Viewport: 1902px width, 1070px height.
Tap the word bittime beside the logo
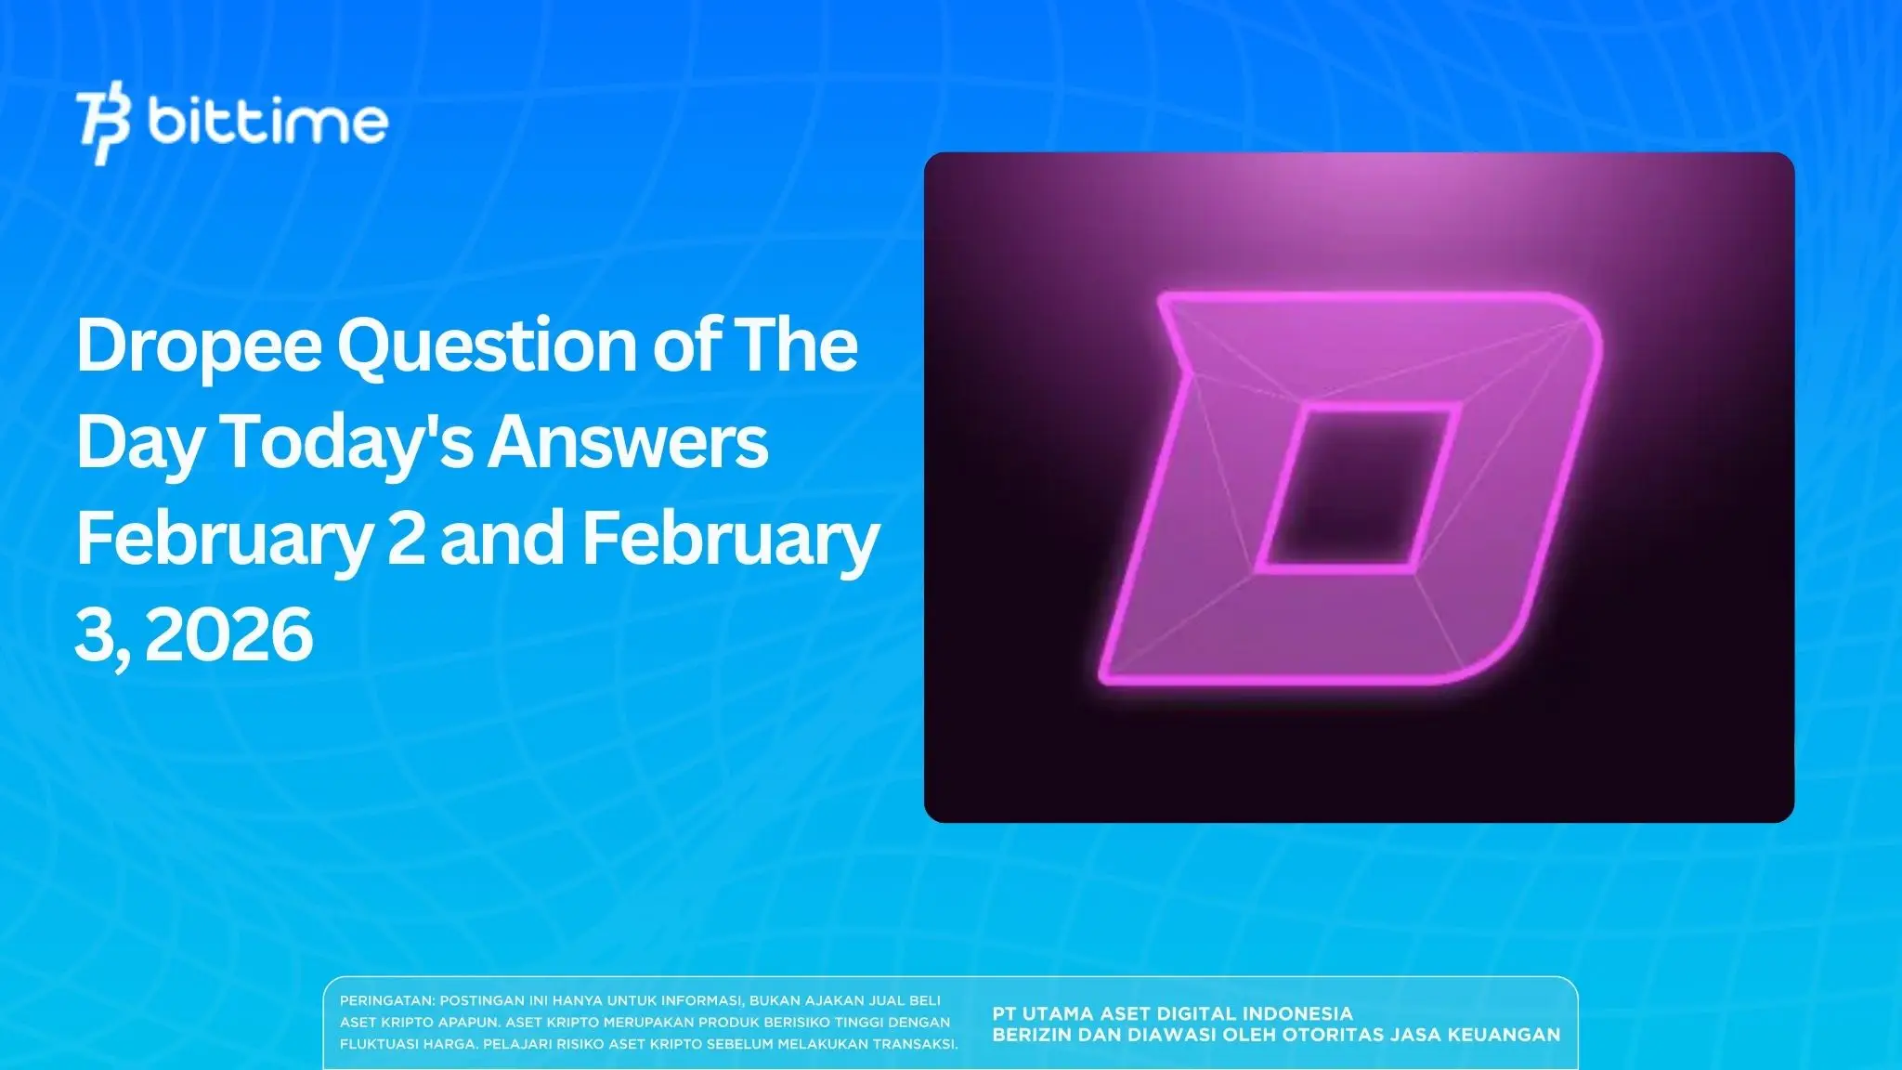(267, 122)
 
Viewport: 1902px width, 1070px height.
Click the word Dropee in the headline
(199, 346)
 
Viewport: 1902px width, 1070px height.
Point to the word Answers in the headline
(628, 442)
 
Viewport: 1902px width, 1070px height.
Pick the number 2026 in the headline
(229, 635)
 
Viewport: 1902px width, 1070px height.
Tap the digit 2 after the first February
(406, 539)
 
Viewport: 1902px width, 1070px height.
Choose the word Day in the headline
(139, 444)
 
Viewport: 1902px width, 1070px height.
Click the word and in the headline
(502, 539)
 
